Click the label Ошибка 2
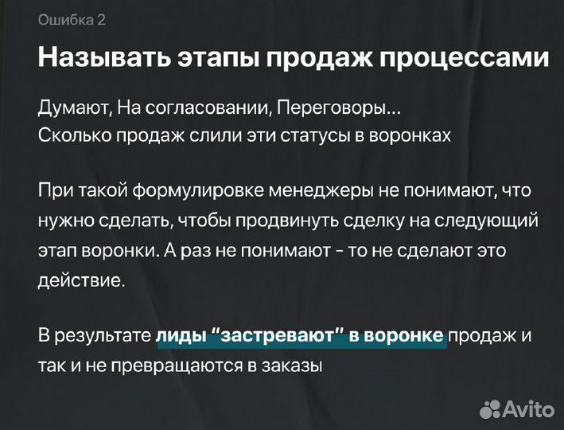(x=72, y=21)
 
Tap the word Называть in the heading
(x=99, y=59)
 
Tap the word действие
(x=80, y=280)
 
